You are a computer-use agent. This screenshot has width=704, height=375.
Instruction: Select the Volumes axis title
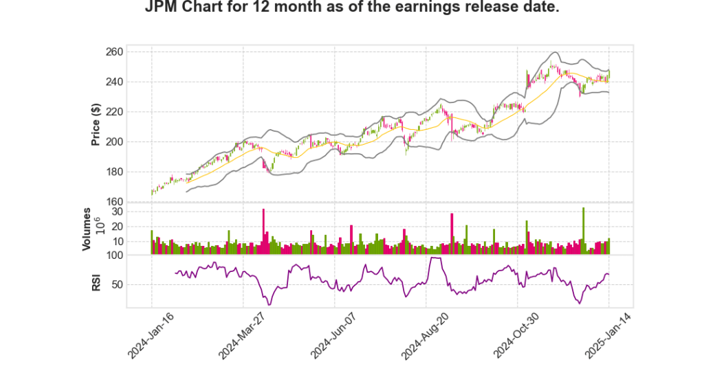coord(87,229)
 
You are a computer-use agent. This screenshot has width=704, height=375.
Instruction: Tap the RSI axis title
coord(97,282)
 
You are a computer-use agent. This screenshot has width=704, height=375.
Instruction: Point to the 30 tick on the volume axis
coord(135,212)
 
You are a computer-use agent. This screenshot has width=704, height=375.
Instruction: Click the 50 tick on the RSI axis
coord(135,284)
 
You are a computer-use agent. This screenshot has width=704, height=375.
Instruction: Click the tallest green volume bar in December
coord(583,231)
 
